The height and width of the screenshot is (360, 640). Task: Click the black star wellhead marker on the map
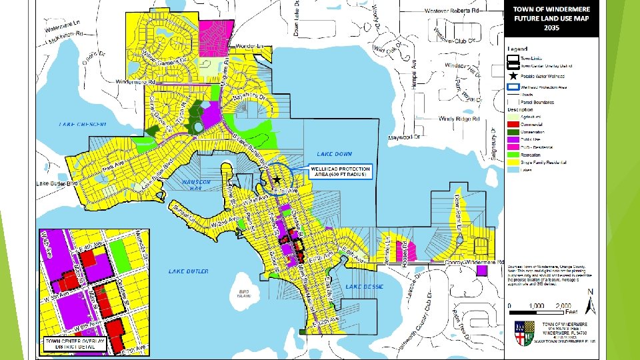(277, 180)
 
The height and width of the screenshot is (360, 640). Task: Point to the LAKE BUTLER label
(189, 271)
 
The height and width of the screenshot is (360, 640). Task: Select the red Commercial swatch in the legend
(513, 125)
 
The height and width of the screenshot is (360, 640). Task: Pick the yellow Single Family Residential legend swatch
(513, 162)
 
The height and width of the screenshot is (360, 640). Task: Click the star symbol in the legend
(513, 77)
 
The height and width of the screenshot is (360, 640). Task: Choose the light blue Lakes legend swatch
(513, 169)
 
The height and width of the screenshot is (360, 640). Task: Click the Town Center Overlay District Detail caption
(75, 343)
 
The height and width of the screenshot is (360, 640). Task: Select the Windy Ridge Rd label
(459, 119)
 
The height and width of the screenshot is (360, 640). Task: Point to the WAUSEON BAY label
(196, 184)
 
